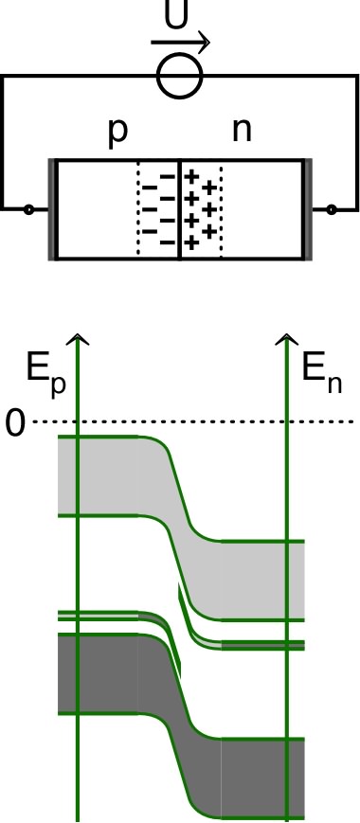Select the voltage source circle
click(180, 77)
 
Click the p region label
click(117, 131)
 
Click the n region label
click(243, 131)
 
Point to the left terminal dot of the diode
click(28, 208)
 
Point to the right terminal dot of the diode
click(331, 208)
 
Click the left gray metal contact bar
click(52, 209)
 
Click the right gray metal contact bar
click(308, 209)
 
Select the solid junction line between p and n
click(180, 209)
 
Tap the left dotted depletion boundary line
click(138, 209)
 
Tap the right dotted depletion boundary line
click(221, 209)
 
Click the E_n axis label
click(320, 374)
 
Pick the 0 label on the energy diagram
click(14, 422)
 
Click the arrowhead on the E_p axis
click(79, 338)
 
